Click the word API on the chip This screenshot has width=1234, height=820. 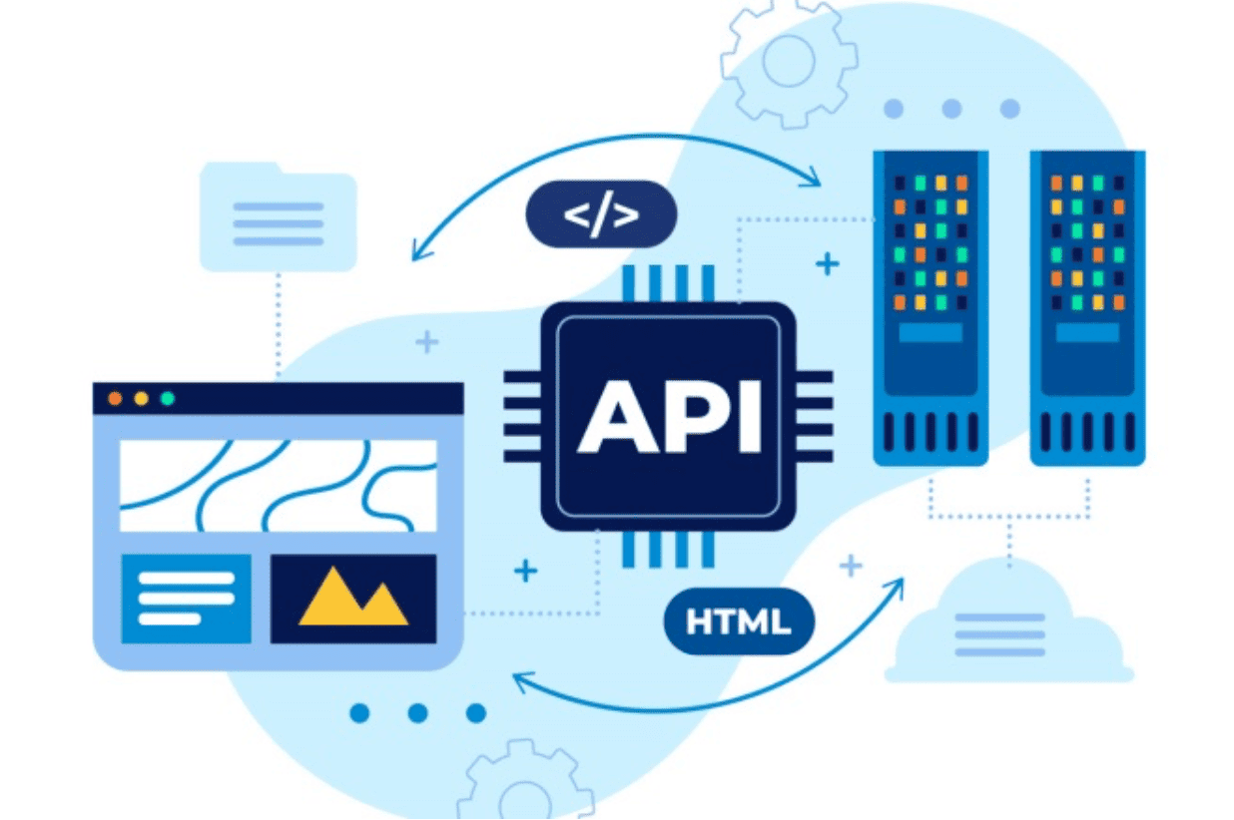click(x=670, y=417)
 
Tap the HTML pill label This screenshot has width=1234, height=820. click(x=739, y=621)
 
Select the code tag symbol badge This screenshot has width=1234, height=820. click(x=602, y=214)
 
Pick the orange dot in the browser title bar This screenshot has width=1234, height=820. click(x=115, y=398)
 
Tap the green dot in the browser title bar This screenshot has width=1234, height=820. click(x=168, y=398)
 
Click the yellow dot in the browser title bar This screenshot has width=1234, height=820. click(x=142, y=398)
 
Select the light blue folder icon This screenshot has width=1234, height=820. click(x=279, y=216)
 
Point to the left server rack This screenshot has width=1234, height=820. click(x=931, y=308)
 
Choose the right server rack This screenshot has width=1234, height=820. click(x=1087, y=308)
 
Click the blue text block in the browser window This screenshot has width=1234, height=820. click(x=187, y=599)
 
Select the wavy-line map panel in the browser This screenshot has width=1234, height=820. click(x=279, y=486)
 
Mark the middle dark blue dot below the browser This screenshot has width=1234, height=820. click(x=417, y=713)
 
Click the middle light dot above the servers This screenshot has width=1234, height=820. click(x=951, y=109)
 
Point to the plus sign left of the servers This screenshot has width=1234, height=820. click(x=828, y=264)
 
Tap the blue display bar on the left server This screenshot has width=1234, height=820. click(x=931, y=332)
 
